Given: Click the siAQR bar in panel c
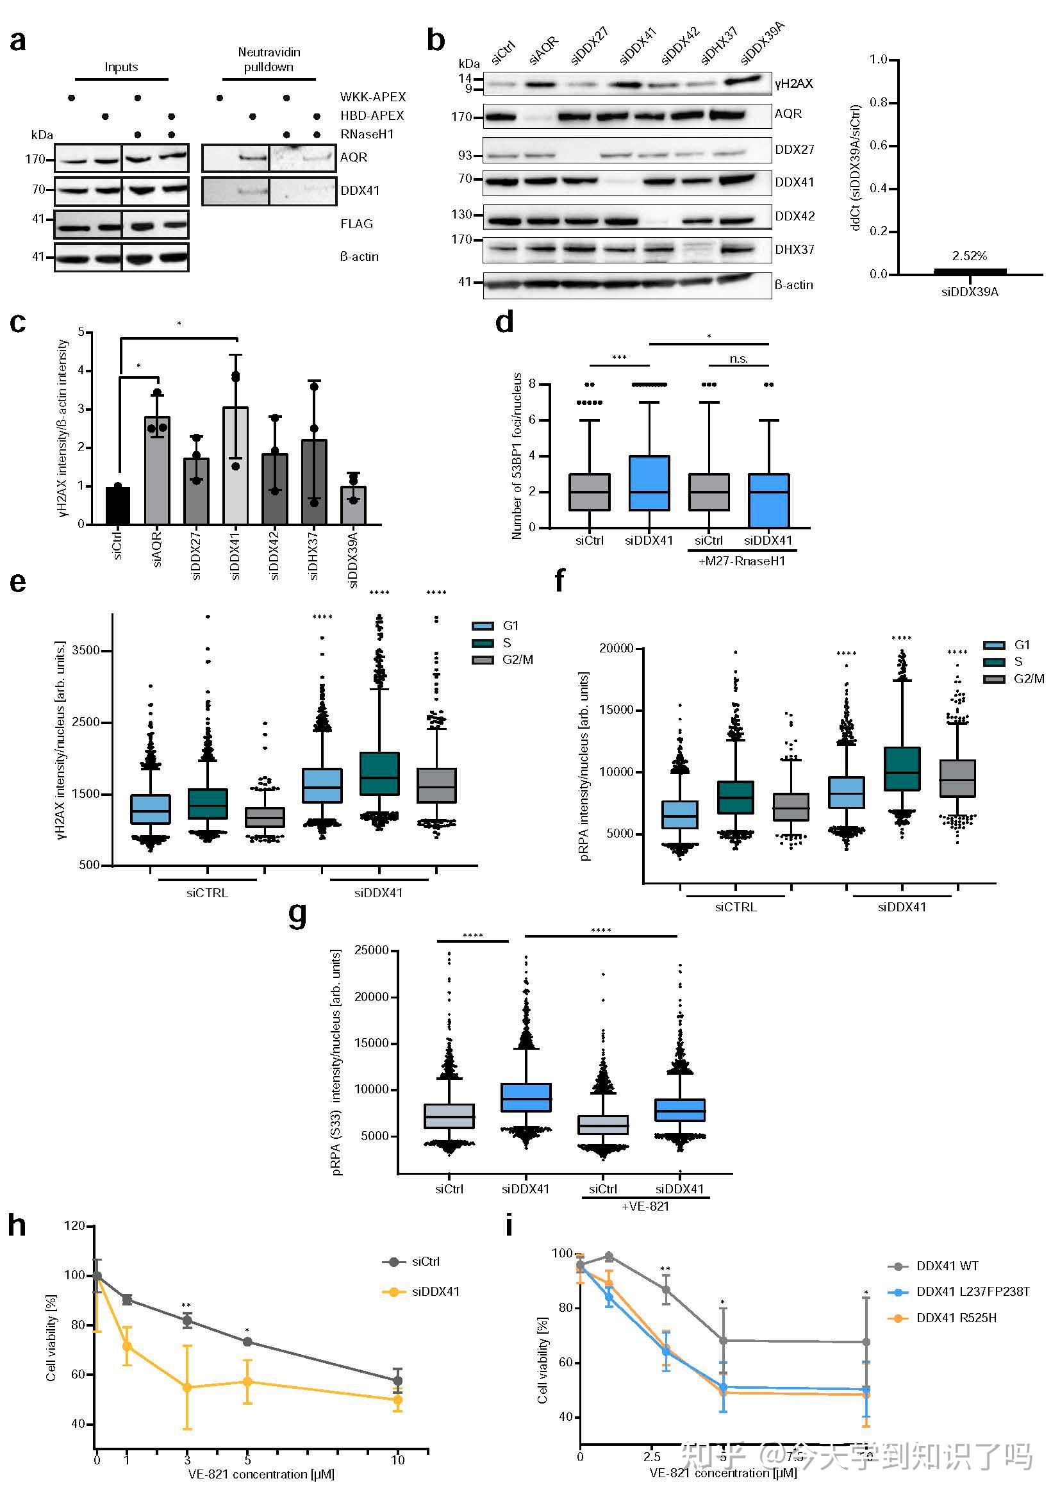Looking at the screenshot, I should [156, 470].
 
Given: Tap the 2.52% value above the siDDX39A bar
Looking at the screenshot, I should [969, 256].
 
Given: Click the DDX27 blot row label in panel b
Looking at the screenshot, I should [794, 149].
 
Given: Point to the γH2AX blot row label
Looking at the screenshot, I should [794, 83].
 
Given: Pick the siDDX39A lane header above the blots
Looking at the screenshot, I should [763, 44].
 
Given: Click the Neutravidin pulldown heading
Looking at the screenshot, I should [269, 60].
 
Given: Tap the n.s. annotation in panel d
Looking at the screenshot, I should [739, 358].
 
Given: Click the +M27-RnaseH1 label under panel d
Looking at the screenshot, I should [742, 561].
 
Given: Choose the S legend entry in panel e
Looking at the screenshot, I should [506, 643].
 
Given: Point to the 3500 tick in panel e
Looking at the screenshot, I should [85, 650].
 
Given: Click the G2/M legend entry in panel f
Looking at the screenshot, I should [1029, 679].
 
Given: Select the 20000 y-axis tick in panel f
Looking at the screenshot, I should [616, 649].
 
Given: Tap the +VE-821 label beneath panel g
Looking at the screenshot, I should [645, 1207].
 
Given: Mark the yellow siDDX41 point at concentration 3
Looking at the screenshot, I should [187, 1387].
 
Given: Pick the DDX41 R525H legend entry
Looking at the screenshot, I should [956, 1318].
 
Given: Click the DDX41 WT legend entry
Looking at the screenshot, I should [947, 1266].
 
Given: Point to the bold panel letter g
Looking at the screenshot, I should [297, 915].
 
